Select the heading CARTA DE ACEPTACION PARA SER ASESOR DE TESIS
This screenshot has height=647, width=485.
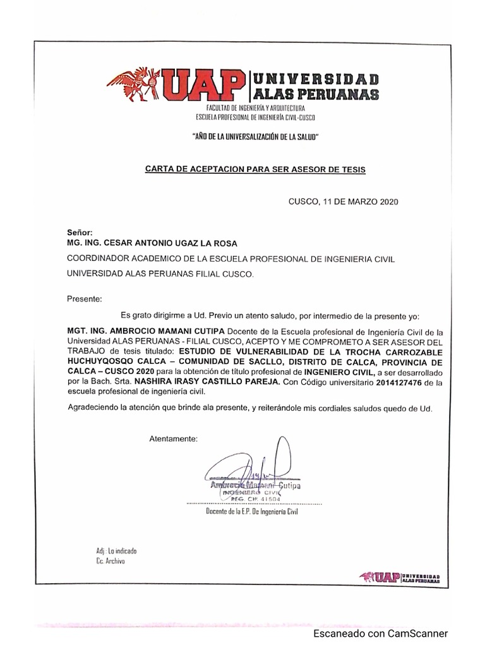(255, 169)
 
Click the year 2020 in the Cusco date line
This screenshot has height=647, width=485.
(389, 202)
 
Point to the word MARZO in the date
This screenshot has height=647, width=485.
(359, 202)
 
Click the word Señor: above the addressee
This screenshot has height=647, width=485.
(80, 233)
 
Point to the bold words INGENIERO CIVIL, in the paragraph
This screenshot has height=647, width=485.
(347, 373)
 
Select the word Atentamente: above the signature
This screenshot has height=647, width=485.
(173, 438)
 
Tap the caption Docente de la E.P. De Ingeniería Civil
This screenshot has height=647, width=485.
(251, 512)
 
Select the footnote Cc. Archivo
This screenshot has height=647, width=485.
(111, 561)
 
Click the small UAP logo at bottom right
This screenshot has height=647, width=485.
(399, 576)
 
